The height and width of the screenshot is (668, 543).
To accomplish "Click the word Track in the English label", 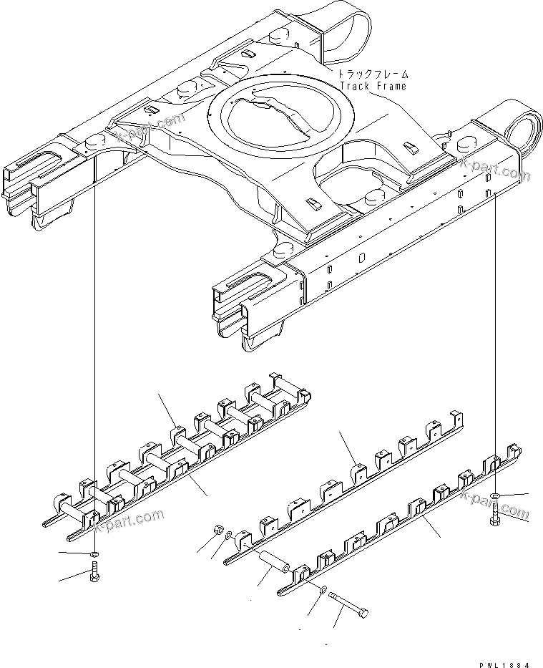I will (x=353, y=86).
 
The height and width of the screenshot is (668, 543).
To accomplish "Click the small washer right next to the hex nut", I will (x=227, y=536).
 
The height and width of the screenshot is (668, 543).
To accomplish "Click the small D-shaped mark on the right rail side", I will (x=362, y=256).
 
